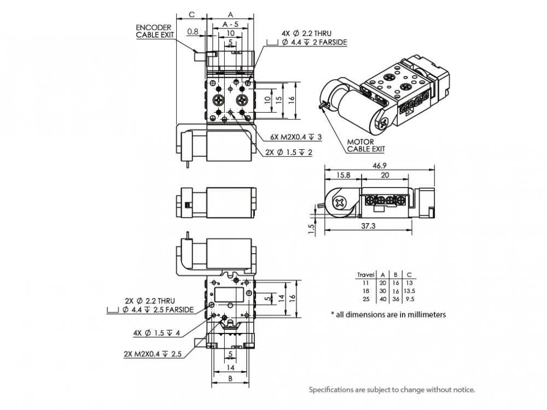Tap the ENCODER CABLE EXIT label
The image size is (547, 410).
(x=154, y=31)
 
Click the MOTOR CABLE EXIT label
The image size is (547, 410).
(x=365, y=145)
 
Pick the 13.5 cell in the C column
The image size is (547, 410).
(x=410, y=291)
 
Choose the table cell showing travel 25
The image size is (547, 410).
(x=366, y=300)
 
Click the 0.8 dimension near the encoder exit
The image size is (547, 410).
(x=193, y=32)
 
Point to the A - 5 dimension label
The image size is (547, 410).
(x=230, y=24)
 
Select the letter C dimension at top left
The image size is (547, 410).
(x=191, y=14)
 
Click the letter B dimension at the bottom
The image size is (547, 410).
(x=230, y=378)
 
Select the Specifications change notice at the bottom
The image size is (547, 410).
(x=392, y=390)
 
